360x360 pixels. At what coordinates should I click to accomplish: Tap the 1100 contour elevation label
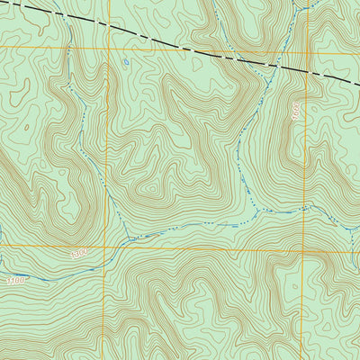(15, 282)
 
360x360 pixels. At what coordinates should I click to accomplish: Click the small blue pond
(127, 63)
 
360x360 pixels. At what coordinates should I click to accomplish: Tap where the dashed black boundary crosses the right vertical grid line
(306, 73)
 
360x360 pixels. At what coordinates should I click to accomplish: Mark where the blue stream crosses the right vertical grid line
(304, 208)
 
